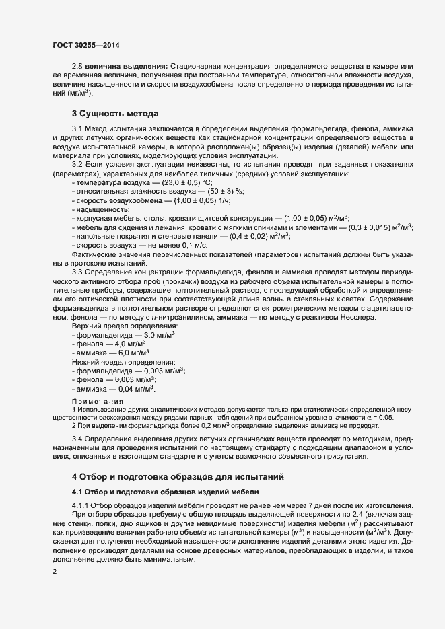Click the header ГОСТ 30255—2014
pos(87,43)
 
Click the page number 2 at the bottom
pos(55,572)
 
